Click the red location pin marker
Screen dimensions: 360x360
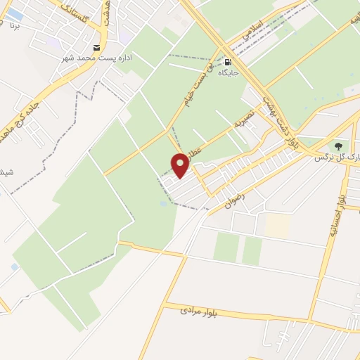tap(181, 165)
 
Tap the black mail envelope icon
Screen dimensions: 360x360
tap(96, 47)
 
